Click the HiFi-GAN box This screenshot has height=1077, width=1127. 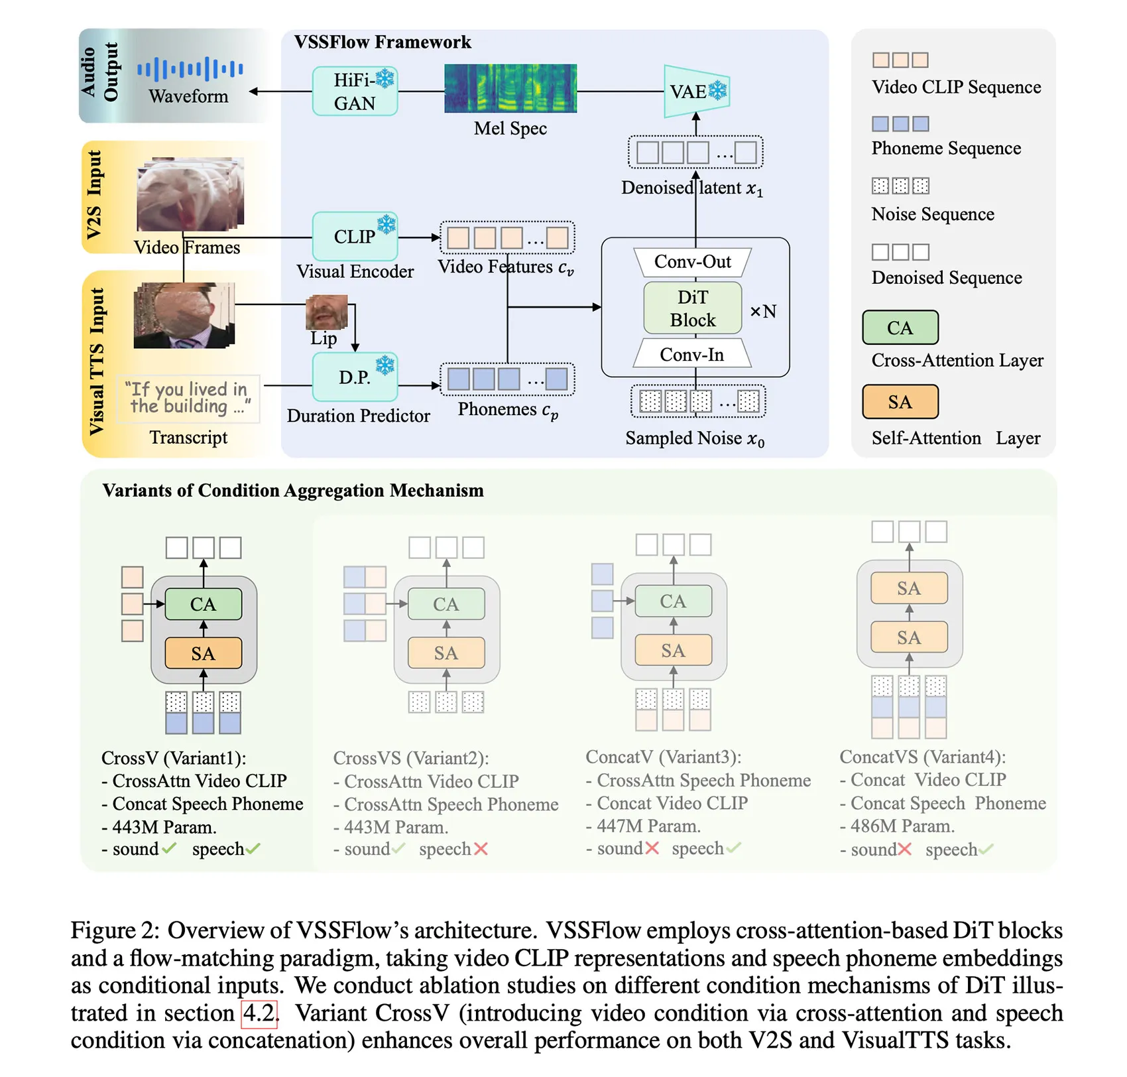click(x=355, y=92)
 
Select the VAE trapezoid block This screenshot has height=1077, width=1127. click(x=695, y=91)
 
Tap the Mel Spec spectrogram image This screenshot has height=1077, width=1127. click(x=510, y=88)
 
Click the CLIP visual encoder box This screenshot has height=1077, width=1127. click(x=355, y=236)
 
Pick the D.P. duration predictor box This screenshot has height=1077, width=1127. click(x=355, y=377)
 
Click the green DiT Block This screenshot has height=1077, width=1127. click(x=692, y=308)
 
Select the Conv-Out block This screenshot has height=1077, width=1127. click(x=692, y=262)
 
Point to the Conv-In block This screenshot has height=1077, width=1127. click(x=692, y=355)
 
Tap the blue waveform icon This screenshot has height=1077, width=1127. click(x=190, y=69)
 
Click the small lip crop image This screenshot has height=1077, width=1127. click(x=326, y=312)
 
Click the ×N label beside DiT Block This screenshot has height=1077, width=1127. click(x=763, y=311)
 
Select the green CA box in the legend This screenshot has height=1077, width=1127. click(x=900, y=328)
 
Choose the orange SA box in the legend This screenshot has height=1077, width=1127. click(x=900, y=402)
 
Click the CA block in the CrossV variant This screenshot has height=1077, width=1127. click(x=203, y=604)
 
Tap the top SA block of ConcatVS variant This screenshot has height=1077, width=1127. click(x=908, y=588)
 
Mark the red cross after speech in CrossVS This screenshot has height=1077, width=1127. click(x=481, y=849)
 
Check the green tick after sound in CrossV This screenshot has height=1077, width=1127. click(x=169, y=848)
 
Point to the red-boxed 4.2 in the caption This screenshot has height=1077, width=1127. click(x=259, y=1013)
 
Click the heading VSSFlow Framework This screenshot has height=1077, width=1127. click(x=383, y=42)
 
